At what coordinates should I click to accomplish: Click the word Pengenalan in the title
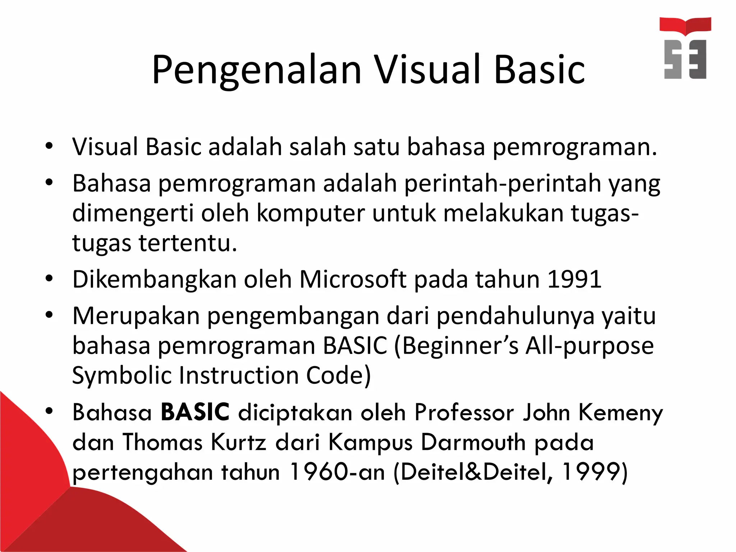257,70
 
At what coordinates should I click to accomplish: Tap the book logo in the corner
685,48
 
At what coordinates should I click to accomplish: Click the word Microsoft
353,279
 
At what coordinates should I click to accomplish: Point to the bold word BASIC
195,412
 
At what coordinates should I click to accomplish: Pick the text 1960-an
337,471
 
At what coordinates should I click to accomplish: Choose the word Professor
464,412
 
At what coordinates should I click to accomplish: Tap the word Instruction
238,375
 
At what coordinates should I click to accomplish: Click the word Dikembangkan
154,279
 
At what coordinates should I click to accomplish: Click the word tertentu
188,243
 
